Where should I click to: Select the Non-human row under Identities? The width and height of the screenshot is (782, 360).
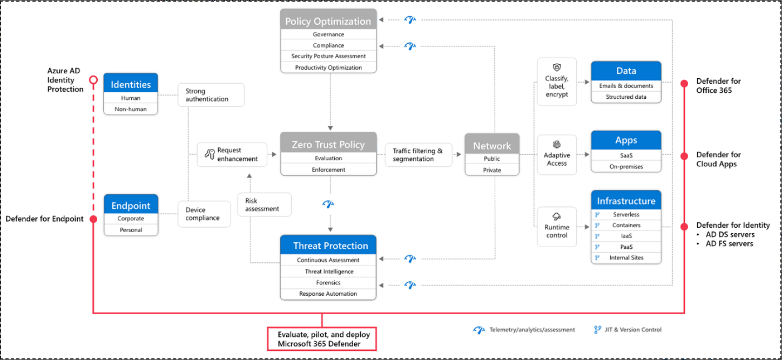coord(131,109)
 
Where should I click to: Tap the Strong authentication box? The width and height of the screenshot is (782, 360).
coord(211,95)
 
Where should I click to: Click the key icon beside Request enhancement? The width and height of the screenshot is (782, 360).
coord(210,154)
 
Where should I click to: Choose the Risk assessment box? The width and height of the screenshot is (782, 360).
coord(264,205)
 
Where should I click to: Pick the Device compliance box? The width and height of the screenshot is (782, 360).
coord(204,214)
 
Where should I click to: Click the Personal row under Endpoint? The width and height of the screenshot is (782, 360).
coord(131,230)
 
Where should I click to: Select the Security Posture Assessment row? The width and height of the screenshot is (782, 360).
coord(328,56)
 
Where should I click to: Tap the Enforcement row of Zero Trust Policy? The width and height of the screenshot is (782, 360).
coord(328,169)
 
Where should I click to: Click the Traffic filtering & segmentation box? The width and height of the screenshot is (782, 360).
coord(419,154)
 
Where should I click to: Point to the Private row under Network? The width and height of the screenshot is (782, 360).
coord(492,170)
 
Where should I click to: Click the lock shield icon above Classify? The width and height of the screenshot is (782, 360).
coord(557,67)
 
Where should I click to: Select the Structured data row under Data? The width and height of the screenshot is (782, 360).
coord(626,97)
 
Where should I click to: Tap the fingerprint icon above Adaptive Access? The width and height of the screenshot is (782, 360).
coord(557,144)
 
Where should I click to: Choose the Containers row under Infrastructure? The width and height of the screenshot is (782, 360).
coord(626,226)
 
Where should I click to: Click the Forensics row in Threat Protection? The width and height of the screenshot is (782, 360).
coord(328,283)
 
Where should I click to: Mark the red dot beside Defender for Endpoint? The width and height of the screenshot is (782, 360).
coord(93,219)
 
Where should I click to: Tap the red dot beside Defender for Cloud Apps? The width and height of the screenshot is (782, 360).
coord(684,156)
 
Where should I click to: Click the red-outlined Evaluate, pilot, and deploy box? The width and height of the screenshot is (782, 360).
coord(322,339)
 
